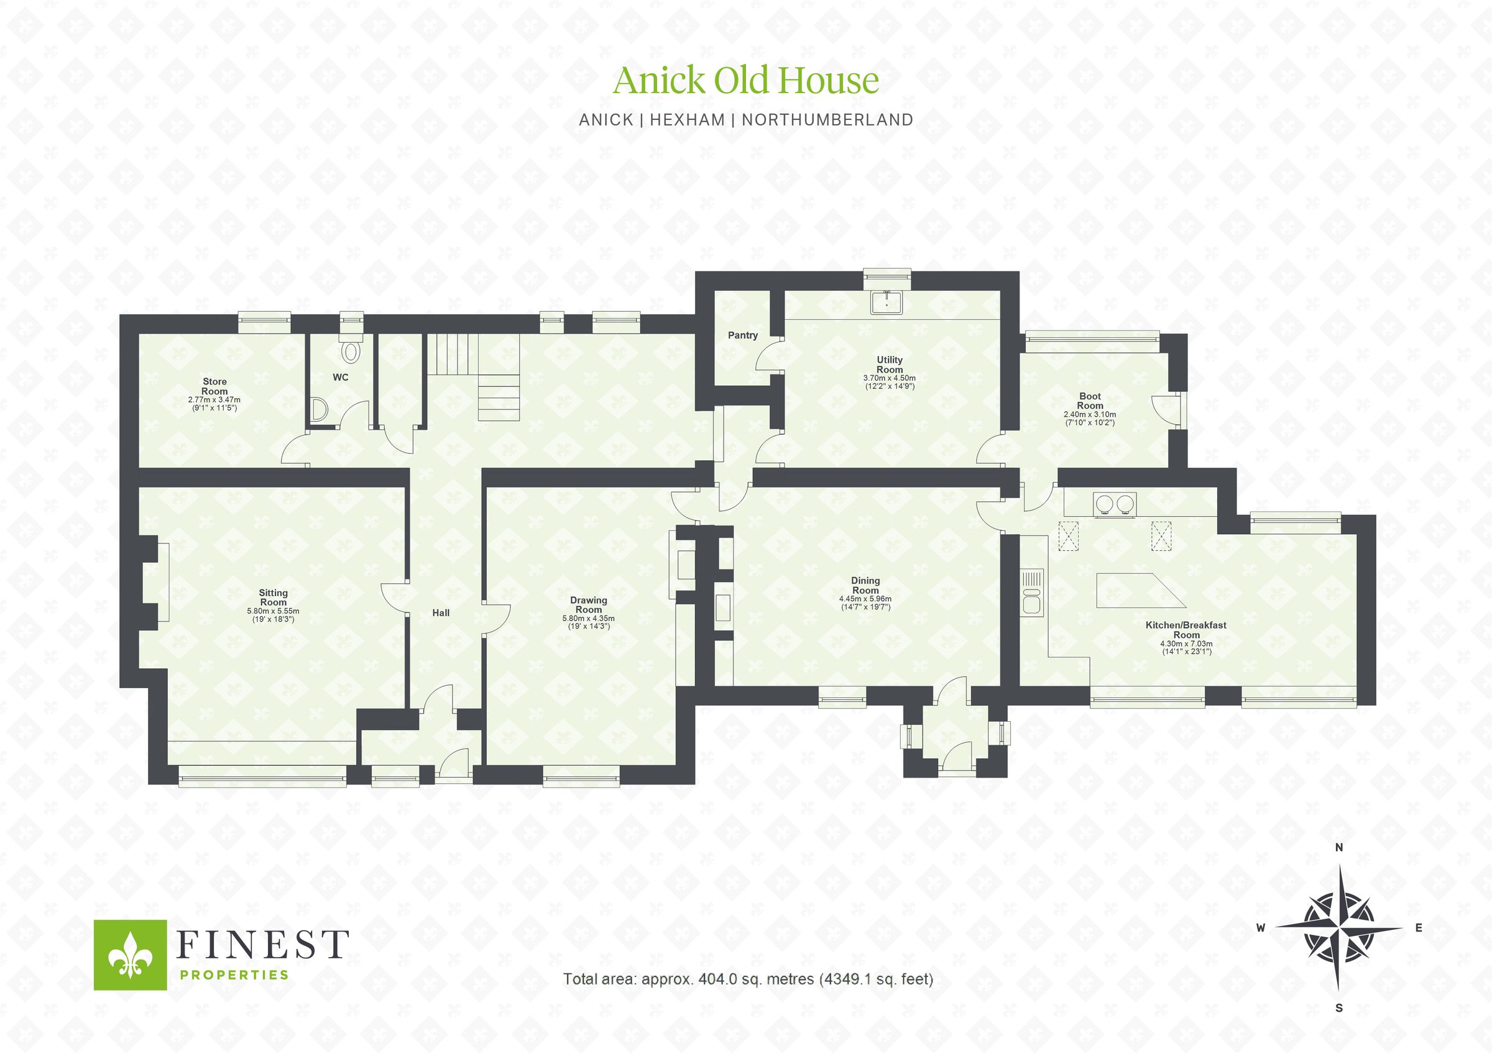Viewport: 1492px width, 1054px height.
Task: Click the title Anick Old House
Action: [x=745, y=81]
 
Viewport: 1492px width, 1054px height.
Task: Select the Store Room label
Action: [x=214, y=386]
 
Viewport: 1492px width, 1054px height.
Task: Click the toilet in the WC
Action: [x=351, y=352]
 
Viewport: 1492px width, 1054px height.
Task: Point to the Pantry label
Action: [x=742, y=335]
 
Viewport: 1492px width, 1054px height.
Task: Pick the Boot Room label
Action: [x=1090, y=401]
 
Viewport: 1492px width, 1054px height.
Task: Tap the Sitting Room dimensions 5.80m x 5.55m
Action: [x=273, y=611]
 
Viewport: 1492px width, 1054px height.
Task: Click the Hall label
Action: [x=441, y=612]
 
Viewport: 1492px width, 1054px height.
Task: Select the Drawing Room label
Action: [x=588, y=604]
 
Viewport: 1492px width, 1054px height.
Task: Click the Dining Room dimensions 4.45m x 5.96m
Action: [x=865, y=599]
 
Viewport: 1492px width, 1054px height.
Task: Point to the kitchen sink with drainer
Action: [x=1032, y=592]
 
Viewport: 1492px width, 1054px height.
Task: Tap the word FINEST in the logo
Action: [x=262, y=945]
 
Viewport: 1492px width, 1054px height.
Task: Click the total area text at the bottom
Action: [x=748, y=997]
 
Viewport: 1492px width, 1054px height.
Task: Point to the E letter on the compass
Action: [x=1419, y=928]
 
